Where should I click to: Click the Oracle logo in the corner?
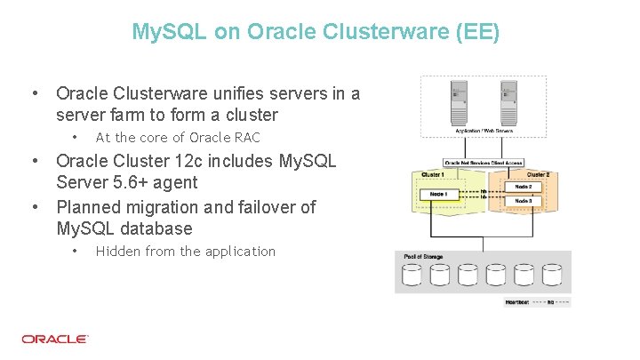(x=55, y=339)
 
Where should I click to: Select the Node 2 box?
(x=523, y=187)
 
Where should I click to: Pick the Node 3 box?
(x=523, y=202)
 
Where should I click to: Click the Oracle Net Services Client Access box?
(x=483, y=163)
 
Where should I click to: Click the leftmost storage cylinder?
(x=412, y=276)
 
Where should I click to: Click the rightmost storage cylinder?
(x=552, y=276)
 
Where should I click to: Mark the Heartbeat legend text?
(x=517, y=302)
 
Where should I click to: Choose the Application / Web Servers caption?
(x=484, y=131)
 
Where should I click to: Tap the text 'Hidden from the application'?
(x=185, y=252)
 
